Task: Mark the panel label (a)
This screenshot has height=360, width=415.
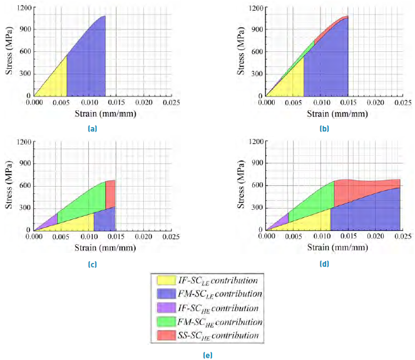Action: (92, 128)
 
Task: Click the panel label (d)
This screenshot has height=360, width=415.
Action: (324, 264)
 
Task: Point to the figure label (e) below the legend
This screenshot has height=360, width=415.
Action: (207, 354)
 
